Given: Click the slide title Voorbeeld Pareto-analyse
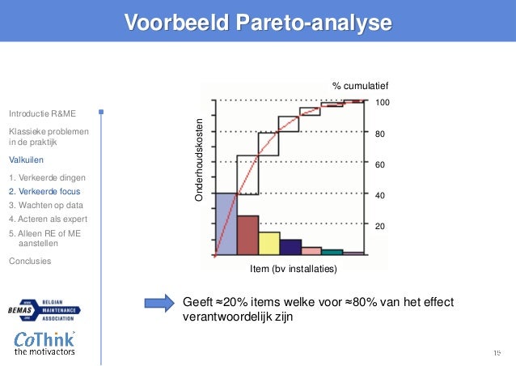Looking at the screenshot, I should tap(257, 23).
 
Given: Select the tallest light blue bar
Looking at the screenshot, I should tap(226, 224).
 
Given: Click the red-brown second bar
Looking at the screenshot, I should tap(247, 236).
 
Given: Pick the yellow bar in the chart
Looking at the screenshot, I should tap(269, 244).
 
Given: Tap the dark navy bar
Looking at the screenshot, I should tap(290, 247).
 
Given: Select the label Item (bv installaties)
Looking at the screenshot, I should tap(294, 268).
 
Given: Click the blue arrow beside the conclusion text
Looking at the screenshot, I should tap(160, 303).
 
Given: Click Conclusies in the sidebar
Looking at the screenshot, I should tap(29, 261).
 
